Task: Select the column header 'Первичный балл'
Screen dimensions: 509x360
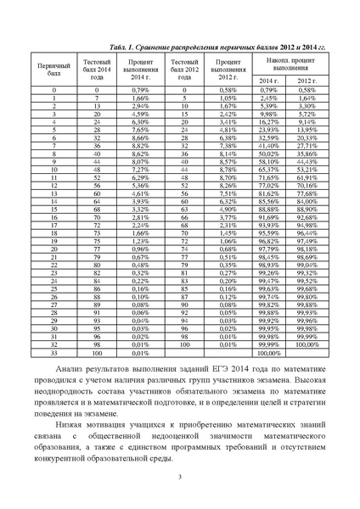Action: tap(54, 67)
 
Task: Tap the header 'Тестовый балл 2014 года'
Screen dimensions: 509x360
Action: tap(98, 67)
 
